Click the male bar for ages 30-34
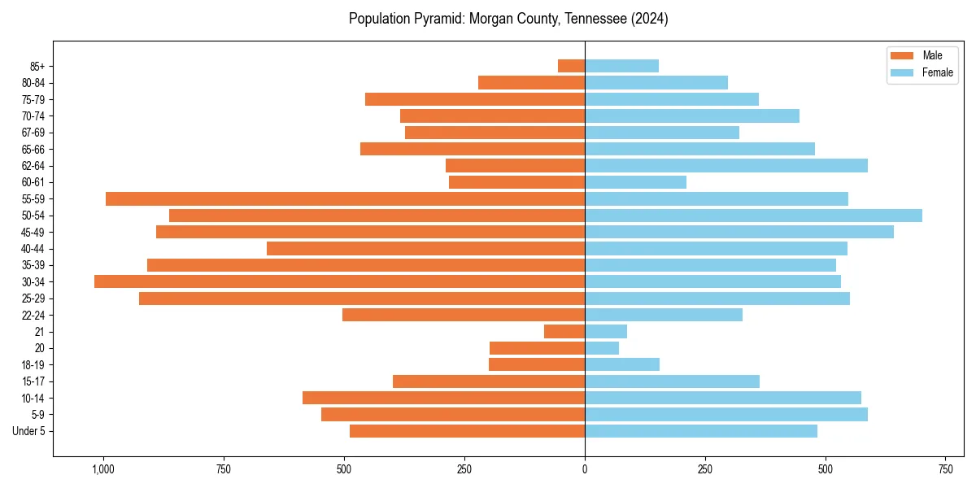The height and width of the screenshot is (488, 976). (x=339, y=281)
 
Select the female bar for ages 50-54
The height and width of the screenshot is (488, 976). (x=753, y=216)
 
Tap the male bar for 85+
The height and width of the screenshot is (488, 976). (x=571, y=66)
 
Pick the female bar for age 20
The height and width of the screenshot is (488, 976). (x=602, y=348)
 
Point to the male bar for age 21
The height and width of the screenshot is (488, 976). (x=564, y=332)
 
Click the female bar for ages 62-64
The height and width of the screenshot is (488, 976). (x=726, y=166)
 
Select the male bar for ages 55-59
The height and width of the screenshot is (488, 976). (x=345, y=199)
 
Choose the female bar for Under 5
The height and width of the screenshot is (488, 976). (x=701, y=431)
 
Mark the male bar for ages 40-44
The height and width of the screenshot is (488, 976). (x=425, y=249)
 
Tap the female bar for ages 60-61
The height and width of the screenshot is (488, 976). (x=635, y=182)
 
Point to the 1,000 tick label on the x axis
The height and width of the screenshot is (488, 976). (x=102, y=469)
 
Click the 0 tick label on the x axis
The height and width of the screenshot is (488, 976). (x=585, y=469)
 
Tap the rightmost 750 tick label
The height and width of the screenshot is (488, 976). (x=945, y=469)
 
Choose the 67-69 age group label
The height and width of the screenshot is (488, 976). (x=33, y=133)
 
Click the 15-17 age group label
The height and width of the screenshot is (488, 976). (x=33, y=381)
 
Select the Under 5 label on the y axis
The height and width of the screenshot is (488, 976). (x=29, y=431)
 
